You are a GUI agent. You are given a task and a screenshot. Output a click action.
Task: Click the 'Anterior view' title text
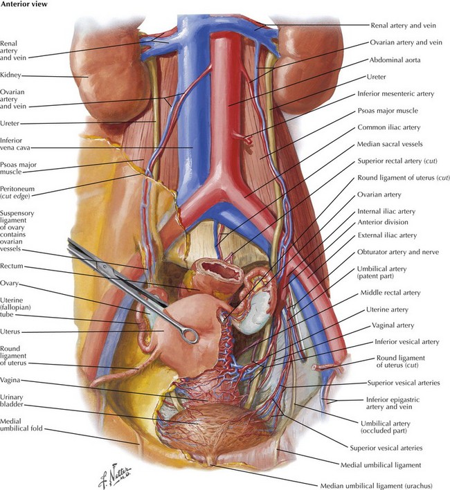pos(24,4)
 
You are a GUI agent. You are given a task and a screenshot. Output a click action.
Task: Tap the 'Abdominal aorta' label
pos(395,60)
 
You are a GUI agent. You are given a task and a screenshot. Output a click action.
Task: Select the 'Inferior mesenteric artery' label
pos(396,93)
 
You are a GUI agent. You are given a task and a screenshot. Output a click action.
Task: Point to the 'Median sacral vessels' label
pos(390,144)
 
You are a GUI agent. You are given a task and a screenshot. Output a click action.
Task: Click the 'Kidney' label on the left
pos(10,75)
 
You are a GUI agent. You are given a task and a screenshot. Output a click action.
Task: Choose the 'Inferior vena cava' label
pos(15,144)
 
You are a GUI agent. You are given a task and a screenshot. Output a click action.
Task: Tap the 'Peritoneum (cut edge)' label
pos(17,192)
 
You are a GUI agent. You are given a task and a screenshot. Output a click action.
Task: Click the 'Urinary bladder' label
pos(12,401)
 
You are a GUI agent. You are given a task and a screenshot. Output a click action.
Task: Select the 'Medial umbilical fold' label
pos(21,425)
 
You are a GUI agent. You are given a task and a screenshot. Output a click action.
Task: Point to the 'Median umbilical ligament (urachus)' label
pos(377,486)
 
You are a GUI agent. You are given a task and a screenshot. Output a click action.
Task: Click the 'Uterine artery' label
pos(387,309)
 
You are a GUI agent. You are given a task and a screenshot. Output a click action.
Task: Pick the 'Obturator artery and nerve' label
pos(398,252)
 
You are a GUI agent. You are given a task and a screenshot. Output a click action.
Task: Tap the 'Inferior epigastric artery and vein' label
pos(393,403)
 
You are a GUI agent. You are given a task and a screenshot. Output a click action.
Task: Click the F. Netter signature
pos(115,476)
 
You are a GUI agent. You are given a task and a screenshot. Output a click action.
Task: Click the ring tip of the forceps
pos(190,336)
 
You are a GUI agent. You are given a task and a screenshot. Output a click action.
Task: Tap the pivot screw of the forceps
pos(105,266)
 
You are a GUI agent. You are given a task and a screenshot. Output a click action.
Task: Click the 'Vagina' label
pos(10,381)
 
